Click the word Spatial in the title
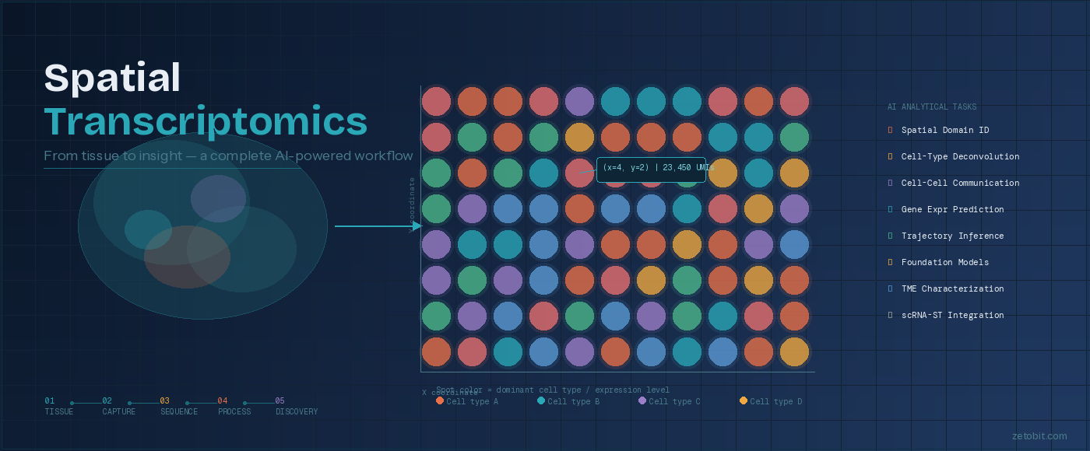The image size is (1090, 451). [113, 78]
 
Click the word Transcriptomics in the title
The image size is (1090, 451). [206, 121]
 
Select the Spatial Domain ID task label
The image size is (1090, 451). [944, 131]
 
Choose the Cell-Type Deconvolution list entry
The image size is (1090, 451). [960, 157]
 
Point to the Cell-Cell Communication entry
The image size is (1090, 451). [960, 184]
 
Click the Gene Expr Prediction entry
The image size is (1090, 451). [952, 210]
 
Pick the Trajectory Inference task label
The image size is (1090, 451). [952, 236]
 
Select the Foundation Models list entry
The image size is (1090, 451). [944, 263]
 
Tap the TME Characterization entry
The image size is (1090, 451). [952, 289]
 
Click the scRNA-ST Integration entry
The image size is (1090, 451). [952, 316]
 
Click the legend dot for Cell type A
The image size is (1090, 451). [440, 400]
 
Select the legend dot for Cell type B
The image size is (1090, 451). [541, 400]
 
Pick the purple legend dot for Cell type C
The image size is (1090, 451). [642, 400]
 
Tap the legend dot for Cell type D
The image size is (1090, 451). [744, 400]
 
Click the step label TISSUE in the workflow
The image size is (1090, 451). [59, 412]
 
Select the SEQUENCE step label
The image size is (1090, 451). [179, 412]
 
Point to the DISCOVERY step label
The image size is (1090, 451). [297, 412]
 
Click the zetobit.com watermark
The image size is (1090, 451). [1039, 436]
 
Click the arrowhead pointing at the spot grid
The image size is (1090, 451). [417, 226]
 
